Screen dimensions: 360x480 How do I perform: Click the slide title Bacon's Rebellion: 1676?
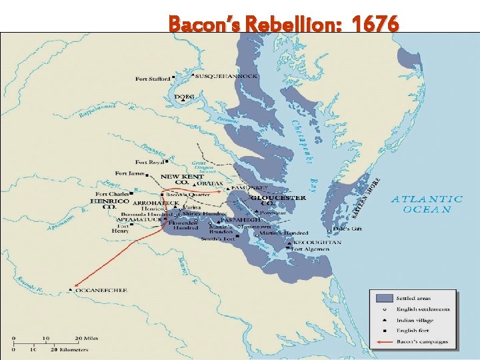point(284,25)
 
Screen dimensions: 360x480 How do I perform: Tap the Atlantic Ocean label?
point(427,203)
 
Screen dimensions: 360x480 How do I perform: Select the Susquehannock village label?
point(226,76)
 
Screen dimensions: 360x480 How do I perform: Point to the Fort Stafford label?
point(153,79)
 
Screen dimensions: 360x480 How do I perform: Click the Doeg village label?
point(185,97)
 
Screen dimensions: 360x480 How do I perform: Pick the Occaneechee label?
point(101,291)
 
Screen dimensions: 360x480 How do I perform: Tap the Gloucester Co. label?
point(279,199)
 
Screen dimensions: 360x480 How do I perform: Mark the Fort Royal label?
point(149,162)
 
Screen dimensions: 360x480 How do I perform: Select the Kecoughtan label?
point(318,243)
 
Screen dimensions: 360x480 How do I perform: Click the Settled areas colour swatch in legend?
point(383,298)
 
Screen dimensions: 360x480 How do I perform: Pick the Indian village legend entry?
point(418,320)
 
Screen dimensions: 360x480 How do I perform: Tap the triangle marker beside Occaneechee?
point(71,290)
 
